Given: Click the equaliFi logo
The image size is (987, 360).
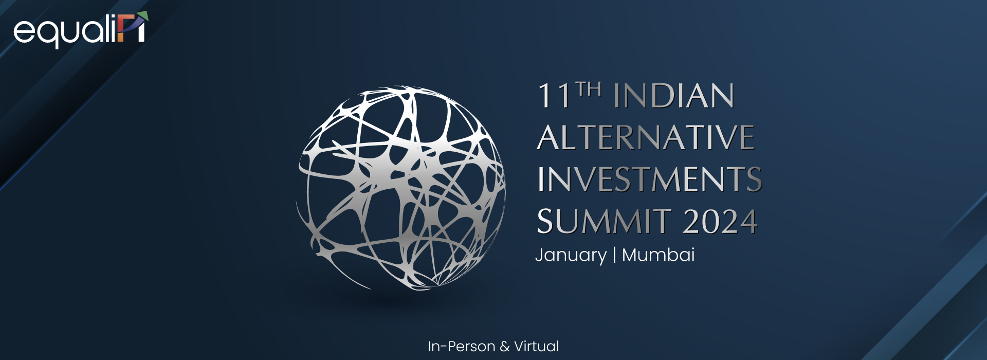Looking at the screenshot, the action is click(81, 30).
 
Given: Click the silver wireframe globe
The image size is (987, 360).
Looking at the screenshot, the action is click(401, 188).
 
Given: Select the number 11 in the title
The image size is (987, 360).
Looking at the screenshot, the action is click(554, 96).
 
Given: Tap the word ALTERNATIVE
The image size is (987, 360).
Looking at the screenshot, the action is click(646, 137).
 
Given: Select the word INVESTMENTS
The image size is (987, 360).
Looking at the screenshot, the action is click(649, 179).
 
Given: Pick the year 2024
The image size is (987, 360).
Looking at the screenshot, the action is click(720, 222).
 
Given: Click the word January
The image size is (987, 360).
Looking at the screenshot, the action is click(571, 256).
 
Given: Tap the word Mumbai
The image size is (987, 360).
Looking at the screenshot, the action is click(659, 255).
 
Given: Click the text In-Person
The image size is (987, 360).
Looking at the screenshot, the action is click(461, 347).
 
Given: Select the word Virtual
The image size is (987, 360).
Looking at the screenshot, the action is click(537, 347).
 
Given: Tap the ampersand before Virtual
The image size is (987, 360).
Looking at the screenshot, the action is click(504, 347).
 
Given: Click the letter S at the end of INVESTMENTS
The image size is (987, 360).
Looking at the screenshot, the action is click(753, 179).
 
